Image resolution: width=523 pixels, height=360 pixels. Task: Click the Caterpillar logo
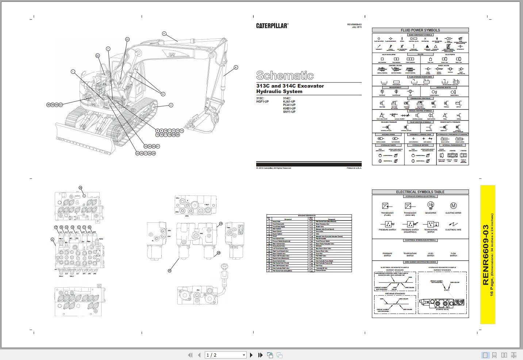coord(272,26)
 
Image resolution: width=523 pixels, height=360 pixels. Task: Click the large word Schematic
coord(285,75)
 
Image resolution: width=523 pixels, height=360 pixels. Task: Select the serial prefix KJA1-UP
coord(289,102)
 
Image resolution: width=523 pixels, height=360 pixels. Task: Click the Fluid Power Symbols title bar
coord(420,30)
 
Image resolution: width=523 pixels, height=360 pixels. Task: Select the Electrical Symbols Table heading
coord(420,192)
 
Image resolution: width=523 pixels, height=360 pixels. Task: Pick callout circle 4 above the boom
coord(164,34)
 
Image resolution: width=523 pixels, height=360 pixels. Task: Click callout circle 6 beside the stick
coord(236,67)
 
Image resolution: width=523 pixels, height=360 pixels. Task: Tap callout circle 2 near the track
coord(171,105)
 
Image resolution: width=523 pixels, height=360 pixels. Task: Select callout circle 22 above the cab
coord(127,39)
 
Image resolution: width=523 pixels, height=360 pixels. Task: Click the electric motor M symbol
coord(453,206)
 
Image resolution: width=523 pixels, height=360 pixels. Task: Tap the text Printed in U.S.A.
coord(354,168)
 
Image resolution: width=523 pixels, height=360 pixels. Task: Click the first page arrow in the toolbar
coord(190,355)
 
